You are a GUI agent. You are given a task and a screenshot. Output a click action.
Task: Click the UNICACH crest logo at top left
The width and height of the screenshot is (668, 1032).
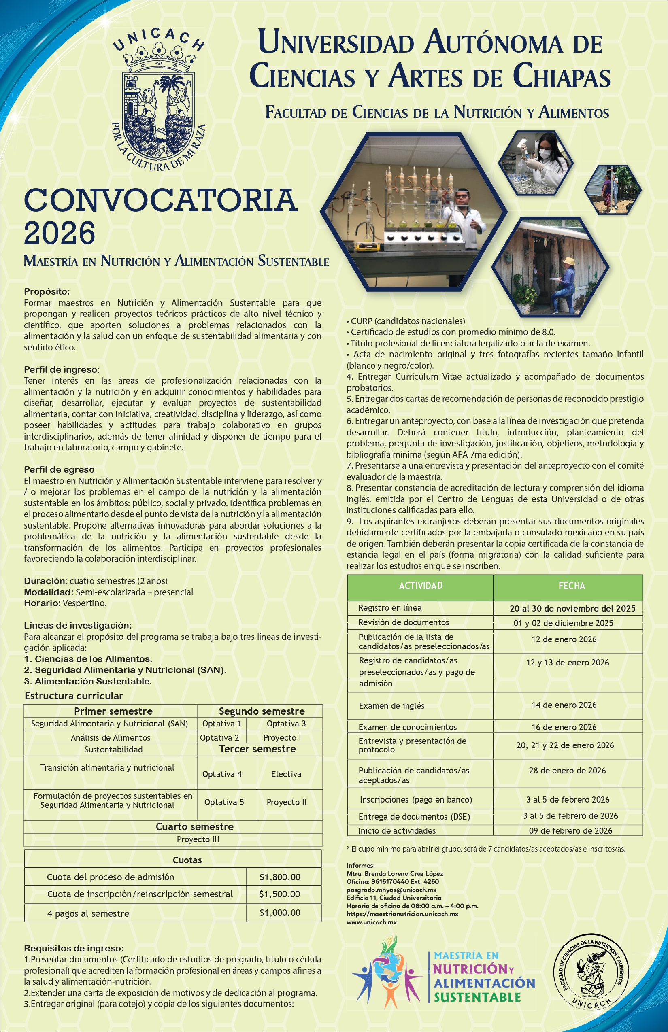[x=158, y=100]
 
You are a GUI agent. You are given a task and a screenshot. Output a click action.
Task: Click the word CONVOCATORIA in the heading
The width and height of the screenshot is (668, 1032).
[x=160, y=200]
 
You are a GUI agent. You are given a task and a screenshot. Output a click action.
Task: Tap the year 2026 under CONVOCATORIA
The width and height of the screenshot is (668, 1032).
[x=60, y=233]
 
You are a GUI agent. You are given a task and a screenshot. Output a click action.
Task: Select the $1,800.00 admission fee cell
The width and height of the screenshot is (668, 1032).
[x=280, y=877]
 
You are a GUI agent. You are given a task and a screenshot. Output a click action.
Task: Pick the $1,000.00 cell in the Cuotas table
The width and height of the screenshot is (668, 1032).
[x=280, y=913]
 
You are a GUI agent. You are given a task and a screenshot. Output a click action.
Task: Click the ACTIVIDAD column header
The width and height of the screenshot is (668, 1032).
[x=420, y=586]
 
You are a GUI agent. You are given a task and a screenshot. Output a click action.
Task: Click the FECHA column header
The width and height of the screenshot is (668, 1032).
[x=571, y=586]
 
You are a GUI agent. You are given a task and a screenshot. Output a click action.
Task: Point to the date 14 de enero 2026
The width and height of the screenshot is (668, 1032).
[x=564, y=705]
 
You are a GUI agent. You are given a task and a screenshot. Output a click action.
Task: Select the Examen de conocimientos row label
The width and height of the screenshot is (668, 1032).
[x=407, y=727]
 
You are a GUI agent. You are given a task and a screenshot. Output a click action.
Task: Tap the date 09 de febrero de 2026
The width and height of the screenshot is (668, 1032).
[x=570, y=831]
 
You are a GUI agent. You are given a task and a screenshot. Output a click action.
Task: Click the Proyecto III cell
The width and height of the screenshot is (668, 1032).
[x=198, y=839]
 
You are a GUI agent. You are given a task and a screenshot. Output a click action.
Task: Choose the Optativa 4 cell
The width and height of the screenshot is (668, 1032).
[x=222, y=774]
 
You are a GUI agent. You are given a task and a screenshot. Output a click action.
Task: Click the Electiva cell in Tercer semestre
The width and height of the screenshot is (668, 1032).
[x=286, y=774]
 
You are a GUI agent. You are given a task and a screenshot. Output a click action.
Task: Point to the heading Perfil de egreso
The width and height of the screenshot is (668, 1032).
[x=59, y=469]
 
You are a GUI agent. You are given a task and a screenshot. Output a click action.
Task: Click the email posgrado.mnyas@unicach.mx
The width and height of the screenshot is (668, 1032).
[x=391, y=890]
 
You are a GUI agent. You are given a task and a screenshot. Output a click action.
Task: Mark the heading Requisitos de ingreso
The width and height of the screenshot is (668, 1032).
[x=74, y=948]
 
